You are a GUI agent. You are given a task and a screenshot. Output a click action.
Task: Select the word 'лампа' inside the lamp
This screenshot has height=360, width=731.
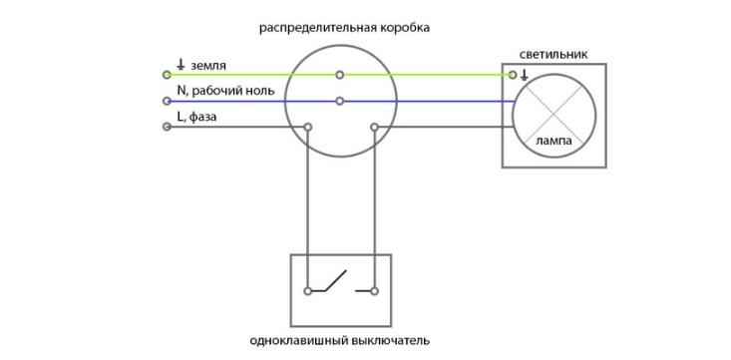(553, 141)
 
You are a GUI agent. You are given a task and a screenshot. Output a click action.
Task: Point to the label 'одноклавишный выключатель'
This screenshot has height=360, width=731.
(340, 340)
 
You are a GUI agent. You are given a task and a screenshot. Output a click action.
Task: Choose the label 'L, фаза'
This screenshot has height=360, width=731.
(197, 118)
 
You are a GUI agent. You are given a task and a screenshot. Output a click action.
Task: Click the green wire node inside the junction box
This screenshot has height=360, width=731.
(340, 75)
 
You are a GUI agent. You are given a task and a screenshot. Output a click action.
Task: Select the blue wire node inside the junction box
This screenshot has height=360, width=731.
(340, 101)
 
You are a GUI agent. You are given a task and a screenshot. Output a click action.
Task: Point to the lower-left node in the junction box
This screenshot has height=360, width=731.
(308, 127)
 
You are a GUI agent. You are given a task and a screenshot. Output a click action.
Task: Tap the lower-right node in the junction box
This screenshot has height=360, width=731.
(374, 127)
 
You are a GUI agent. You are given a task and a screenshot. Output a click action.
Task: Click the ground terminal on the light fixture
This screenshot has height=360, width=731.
(513, 75)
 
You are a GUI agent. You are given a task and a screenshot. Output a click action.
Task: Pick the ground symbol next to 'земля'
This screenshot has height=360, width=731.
(180, 66)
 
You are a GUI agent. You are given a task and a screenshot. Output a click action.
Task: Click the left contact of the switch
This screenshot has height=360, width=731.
(308, 291)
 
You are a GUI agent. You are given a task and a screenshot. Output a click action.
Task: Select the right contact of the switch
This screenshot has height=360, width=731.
(374, 291)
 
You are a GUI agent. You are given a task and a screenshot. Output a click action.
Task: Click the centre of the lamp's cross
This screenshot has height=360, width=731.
(553, 113)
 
